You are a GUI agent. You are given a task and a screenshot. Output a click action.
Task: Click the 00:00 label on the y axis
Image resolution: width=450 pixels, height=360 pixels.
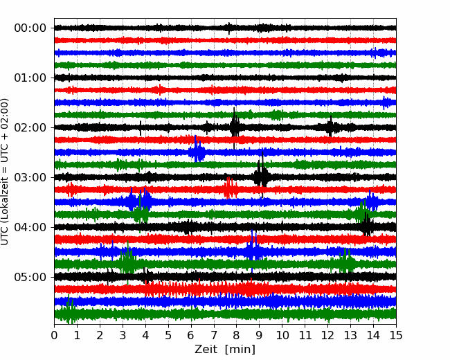(30, 28)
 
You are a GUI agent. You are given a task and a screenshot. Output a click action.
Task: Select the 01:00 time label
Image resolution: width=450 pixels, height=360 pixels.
(30, 78)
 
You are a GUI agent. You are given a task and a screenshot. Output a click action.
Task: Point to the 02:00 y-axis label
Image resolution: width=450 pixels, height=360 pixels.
(30, 127)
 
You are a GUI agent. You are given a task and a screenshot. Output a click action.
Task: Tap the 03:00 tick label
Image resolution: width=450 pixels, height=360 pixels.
(30, 177)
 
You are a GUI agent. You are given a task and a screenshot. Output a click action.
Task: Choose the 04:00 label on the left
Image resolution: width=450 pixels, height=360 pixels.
(30, 227)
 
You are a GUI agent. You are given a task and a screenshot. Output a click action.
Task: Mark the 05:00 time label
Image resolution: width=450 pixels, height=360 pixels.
(30, 277)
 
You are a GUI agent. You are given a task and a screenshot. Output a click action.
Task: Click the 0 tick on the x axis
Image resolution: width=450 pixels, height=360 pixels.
(54, 335)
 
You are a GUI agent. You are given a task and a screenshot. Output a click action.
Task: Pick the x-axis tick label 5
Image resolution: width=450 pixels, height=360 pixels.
(168, 335)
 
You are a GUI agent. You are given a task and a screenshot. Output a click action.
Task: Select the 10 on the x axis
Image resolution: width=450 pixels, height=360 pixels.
(282, 335)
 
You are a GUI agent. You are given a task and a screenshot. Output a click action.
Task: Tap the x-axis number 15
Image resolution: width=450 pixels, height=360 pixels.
(396, 335)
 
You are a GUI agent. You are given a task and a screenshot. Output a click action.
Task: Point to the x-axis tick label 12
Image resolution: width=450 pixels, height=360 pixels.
(327, 335)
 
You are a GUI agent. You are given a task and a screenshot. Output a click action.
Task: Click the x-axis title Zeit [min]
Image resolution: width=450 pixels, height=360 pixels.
(225, 350)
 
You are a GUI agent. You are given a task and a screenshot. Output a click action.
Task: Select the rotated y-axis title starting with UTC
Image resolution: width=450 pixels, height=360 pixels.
(5, 172)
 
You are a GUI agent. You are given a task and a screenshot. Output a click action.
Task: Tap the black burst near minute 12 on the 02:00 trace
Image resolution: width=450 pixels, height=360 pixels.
(330, 127)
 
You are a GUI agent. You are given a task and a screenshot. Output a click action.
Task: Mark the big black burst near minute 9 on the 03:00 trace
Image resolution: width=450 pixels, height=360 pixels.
(262, 174)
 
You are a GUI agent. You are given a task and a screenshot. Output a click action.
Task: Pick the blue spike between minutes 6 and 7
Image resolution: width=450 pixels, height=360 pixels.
(197, 150)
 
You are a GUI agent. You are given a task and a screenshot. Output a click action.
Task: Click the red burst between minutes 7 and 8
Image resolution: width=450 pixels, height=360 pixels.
(230, 188)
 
